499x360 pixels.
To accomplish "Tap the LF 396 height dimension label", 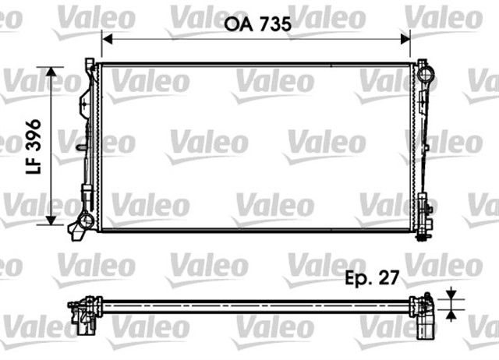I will click(34, 146).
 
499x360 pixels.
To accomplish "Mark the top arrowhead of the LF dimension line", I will click(52, 72).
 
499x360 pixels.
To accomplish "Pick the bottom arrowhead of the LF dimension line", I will click(52, 219).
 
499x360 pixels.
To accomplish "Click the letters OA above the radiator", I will click(237, 24).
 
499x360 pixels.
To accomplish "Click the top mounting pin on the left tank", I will click(90, 61).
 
